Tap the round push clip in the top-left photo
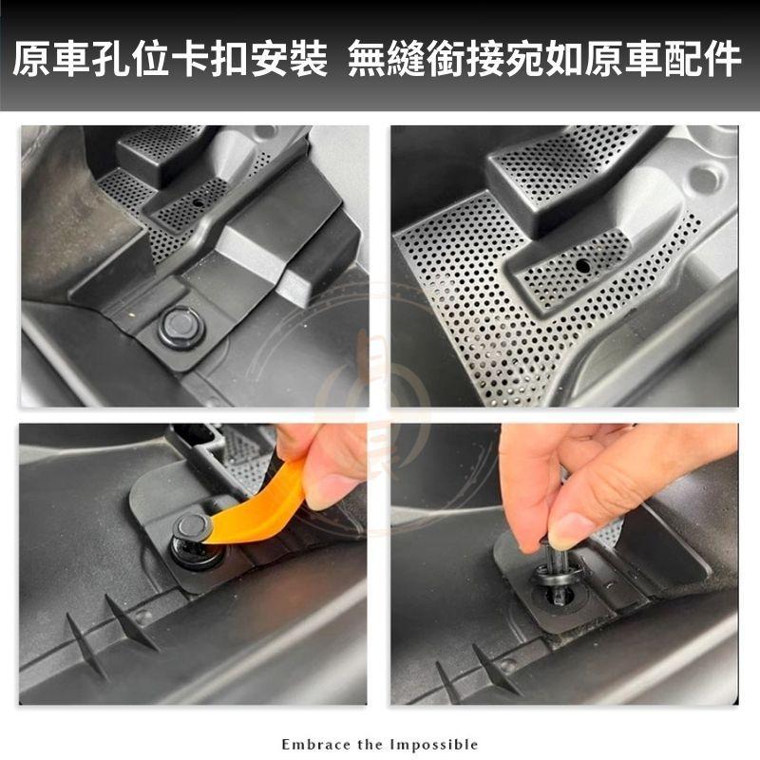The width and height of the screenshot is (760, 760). pos(181,328)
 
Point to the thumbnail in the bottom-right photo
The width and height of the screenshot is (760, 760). pos(566,529)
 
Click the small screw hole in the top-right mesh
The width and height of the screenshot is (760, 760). pos(582,265)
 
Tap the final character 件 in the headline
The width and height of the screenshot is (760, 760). pos(722,59)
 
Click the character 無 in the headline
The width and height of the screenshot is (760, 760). pos(368,59)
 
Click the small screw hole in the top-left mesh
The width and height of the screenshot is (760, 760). pos(198,203)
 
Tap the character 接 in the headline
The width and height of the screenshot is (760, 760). pos(485,59)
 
